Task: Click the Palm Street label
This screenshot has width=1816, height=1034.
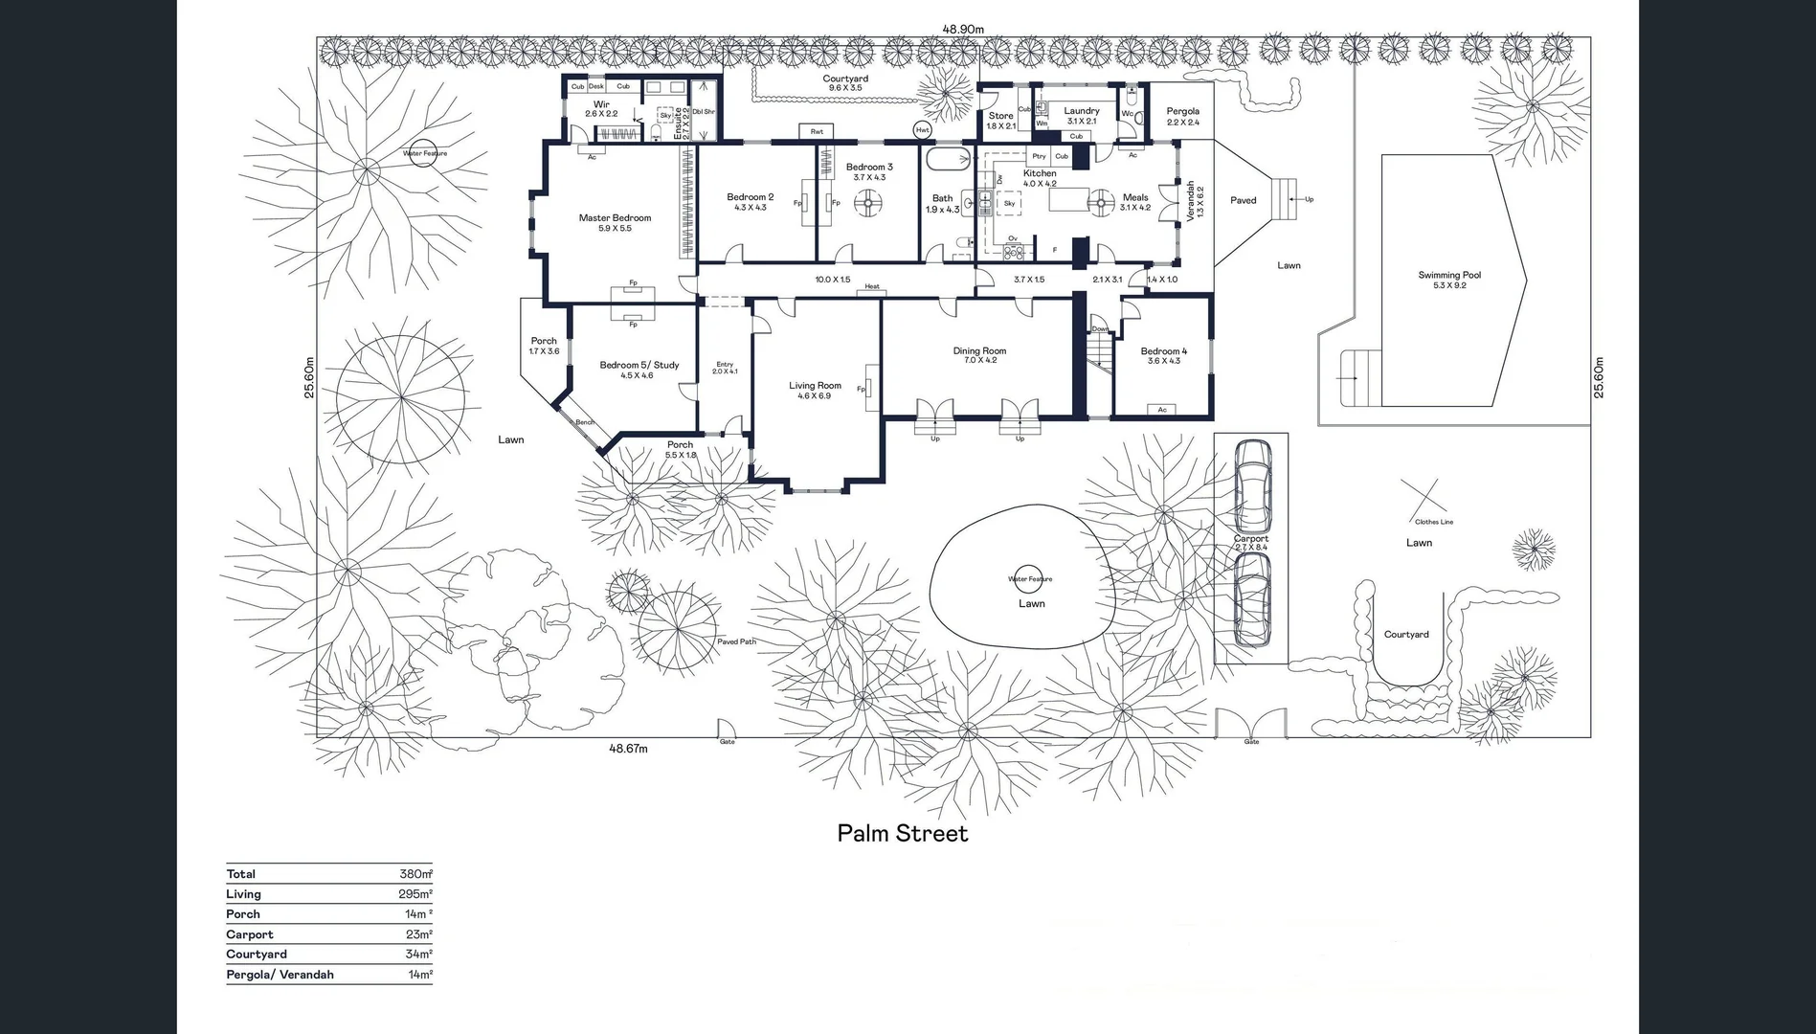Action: point(902,833)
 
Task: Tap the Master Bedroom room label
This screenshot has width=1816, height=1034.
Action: point(615,218)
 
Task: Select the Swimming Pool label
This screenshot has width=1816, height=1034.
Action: point(1449,276)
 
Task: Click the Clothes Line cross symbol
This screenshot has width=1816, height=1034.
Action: point(1425,498)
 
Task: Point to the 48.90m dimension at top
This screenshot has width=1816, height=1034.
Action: point(963,30)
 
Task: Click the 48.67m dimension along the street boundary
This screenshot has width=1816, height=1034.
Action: point(629,749)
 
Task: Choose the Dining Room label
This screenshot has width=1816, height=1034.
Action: point(979,351)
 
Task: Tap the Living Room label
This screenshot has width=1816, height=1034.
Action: point(815,386)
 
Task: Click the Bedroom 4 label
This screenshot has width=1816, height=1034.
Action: point(1163,351)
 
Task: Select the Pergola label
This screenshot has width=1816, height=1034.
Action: point(1182,112)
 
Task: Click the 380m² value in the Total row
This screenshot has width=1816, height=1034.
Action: point(415,874)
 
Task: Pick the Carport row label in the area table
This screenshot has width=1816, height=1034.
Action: point(250,934)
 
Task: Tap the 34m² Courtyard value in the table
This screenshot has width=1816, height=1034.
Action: point(418,955)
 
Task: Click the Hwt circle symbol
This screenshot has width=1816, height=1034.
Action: point(923,130)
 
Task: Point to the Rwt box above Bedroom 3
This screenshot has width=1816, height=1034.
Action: point(817,131)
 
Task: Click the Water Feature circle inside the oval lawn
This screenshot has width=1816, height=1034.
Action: point(1030,577)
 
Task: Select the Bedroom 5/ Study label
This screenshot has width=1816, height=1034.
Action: point(639,365)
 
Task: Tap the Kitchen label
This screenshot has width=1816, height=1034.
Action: point(1040,173)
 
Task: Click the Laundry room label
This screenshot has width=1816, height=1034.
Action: point(1082,111)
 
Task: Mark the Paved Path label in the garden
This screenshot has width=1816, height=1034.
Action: point(736,641)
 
